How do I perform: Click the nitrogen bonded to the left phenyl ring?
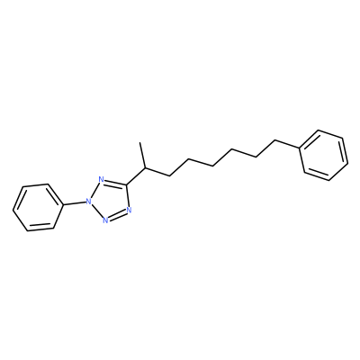(88, 201)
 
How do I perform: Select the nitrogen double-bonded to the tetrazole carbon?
(101, 180)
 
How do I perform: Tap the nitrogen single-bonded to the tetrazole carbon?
(129, 210)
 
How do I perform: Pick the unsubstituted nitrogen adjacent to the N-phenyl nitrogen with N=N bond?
(105, 220)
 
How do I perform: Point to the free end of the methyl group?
(140, 143)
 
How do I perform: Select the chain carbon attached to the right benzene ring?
(275, 140)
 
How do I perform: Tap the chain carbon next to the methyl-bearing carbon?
(170, 175)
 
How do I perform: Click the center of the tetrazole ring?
(110, 199)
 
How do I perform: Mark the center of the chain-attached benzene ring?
(324, 156)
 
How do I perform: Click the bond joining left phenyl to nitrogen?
(74, 203)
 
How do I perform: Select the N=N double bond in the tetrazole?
(117, 215)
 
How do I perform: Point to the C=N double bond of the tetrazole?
(114, 182)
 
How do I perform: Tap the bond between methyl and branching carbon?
(143, 156)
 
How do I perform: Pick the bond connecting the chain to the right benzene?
(288, 144)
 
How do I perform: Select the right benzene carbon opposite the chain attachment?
(348, 164)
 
